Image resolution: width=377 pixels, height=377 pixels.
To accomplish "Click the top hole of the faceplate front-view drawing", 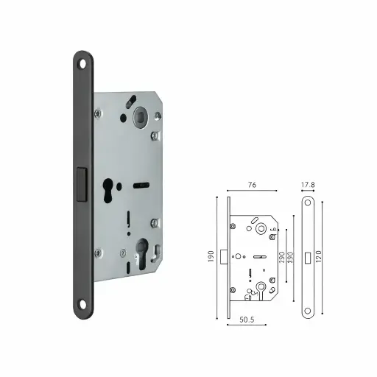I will pyautogui.click(x=309, y=202).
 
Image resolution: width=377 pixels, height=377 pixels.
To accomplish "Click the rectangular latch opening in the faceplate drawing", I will pyautogui.click(x=309, y=256).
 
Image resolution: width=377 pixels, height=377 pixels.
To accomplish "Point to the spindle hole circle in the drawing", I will pyautogui.click(x=261, y=229).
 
